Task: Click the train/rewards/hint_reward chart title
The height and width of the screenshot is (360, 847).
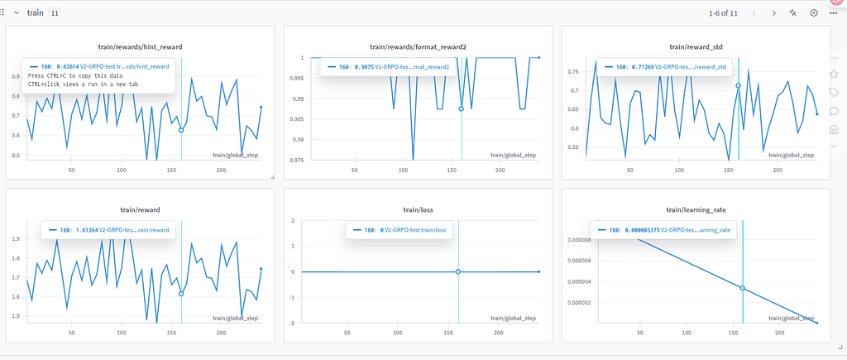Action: pos(139,48)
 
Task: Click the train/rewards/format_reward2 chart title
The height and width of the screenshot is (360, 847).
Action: pos(417,48)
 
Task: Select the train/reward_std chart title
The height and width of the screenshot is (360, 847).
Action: pos(695,48)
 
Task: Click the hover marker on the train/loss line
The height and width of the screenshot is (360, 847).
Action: pos(458,271)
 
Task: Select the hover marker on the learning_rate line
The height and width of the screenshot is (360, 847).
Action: pos(743,288)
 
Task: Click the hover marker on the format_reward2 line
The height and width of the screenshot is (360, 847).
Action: pos(462,108)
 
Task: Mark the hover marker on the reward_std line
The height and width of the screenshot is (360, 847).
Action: pos(738,85)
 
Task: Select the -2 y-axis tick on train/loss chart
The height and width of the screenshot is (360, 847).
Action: pos(294,323)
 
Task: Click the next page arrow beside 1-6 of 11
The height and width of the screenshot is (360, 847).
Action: pos(773,13)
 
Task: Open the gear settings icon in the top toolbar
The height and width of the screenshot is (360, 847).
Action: pos(814,13)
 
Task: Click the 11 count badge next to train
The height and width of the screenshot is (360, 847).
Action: pos(55,13)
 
